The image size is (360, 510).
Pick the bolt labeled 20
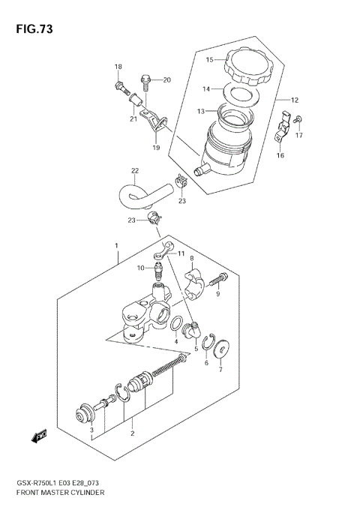coord(146,79)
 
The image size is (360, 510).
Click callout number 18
coord(118,67)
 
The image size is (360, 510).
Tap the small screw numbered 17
coord(298,119)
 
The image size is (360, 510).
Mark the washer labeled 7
coord(220,346)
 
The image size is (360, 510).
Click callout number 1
coord(116,245)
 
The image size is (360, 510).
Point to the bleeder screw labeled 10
coord(157,270)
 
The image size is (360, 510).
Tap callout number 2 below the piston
coord(131,433)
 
